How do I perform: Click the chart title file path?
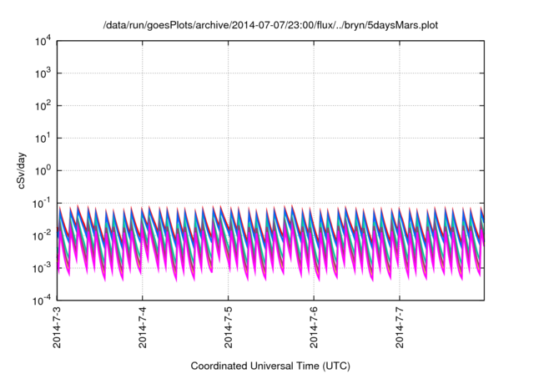click(270, 25)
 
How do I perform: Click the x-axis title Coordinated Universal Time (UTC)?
click(270, 366)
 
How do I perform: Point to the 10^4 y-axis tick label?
click(42, 41)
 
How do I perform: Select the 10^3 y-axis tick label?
click(42, 73)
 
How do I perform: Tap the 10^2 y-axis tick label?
click(42, 106)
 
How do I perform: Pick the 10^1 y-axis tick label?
click(42, 138)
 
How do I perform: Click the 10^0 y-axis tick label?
click(42, 170)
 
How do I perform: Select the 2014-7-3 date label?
click(56, 326)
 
